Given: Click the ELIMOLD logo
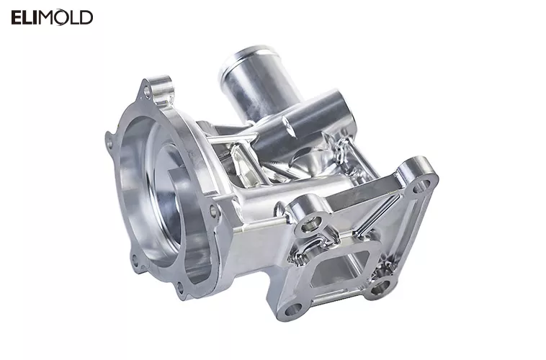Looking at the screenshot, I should [x=52, y=18].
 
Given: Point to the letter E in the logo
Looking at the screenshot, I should [x=17, y=18].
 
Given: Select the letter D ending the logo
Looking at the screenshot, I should [x=86, y=18].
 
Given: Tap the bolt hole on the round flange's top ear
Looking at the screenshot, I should [x=148, y=92].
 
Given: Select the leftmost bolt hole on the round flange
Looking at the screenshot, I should [x=109, y=143].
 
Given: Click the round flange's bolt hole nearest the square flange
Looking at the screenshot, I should [x=213, y=211].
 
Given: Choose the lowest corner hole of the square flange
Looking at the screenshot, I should [x=292, y=310].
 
